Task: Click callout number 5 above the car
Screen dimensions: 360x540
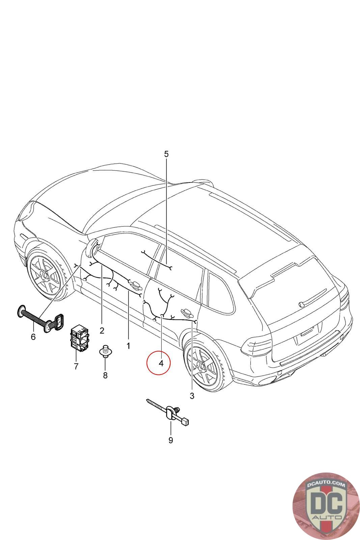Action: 166,154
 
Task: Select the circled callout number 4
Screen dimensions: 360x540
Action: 161,363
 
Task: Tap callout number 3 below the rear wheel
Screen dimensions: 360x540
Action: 192,396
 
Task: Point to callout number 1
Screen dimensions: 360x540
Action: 128,346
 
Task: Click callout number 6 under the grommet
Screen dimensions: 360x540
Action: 33,336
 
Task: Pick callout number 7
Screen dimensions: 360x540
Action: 76,366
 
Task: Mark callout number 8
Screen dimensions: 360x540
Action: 105,375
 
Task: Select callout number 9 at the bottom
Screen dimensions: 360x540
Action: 171,440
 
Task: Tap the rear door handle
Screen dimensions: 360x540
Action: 186,311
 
